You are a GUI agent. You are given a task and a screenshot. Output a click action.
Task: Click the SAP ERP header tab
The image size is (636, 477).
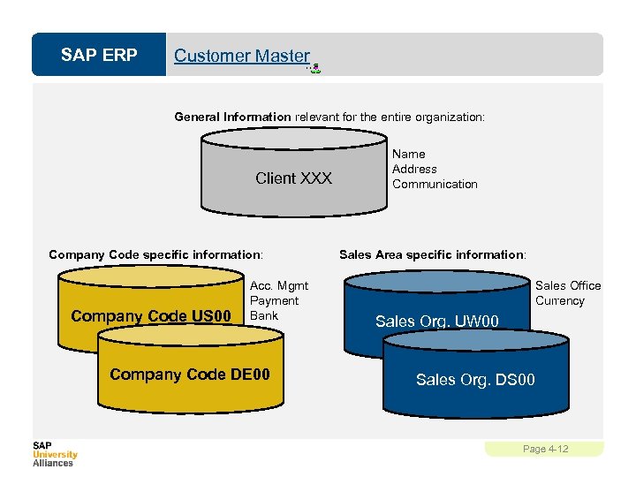(x=99, y=56)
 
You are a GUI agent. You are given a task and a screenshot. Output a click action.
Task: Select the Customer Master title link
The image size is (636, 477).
(x=241, y=56)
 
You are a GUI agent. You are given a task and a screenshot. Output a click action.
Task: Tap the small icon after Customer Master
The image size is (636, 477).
(x=314, y=68)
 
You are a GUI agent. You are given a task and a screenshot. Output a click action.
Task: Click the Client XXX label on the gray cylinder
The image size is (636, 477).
(x=293, y=178)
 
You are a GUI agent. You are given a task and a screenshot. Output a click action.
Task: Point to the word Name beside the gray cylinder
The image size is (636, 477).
(x=408, y=154)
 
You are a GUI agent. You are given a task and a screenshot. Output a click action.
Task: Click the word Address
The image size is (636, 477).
(x=414, y=169)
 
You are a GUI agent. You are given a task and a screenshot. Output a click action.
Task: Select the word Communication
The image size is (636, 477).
(x=435, y=184)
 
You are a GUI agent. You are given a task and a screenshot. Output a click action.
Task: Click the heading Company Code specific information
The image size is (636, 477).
(x=155, y=254)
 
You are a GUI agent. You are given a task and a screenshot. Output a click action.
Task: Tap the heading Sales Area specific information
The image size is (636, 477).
(x=433, y=254)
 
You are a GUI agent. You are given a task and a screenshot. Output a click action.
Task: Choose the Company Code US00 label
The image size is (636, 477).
(x=151, y=316)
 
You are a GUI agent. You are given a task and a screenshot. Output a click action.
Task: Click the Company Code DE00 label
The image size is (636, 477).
(x=189, y=375)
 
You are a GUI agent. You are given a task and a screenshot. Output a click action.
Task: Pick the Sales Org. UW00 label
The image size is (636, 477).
(x=437, y=322)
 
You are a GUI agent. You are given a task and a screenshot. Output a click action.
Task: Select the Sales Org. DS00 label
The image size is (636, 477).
(x=475, y=380)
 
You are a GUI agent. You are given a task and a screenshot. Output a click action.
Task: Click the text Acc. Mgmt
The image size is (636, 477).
(x=279, y=285)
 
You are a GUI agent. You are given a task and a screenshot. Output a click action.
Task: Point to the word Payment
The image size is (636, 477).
(x=274, y=300)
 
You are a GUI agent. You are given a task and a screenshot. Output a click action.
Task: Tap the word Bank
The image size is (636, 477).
(x=264, y=315)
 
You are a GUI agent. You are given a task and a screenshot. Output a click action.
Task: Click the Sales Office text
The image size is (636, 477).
(x=568, y=285)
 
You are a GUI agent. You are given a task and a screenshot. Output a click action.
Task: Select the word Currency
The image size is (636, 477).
(x=560, y=300)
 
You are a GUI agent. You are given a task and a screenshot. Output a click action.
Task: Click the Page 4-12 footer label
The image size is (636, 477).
(x=545, y=449)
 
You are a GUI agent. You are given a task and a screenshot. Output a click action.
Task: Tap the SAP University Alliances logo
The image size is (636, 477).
(x=55, y=453)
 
